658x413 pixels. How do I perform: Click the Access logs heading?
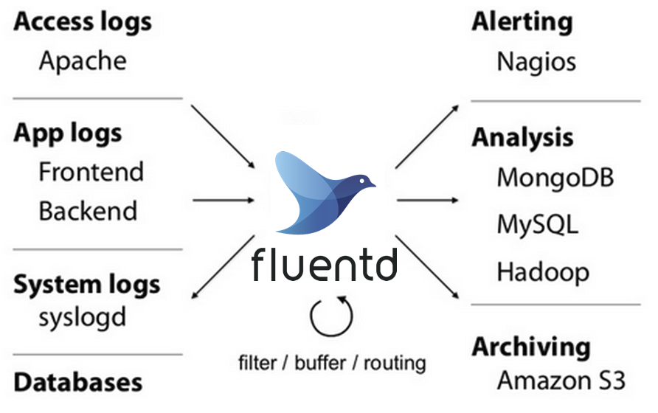(x=83, y=21)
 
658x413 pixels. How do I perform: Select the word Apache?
(x=83, y=60)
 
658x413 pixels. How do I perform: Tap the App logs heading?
(x=68, y=133)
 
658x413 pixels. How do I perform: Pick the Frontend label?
(x=91, y=172)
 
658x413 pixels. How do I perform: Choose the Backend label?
(x=88, y=211)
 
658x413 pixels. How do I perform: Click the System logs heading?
(x=86, y=284)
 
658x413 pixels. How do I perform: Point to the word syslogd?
(x=83, y=319)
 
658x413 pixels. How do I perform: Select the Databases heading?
(x=78, y=382)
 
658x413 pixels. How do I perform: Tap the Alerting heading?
(x=522, y=21)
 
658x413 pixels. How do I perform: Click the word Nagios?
(x=536, y=60)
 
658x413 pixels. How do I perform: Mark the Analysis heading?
(x=522, y=138)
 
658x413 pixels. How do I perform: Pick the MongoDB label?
(x=555, y=178)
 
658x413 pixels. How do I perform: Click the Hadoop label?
(x=543, y=271)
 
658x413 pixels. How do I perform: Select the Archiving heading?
(x=531, y=347)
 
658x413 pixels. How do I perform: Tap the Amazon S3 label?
(x=561, y=381)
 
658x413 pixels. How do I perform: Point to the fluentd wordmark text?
(x=325, y=265)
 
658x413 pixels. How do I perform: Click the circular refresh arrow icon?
(x=331, y=315)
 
